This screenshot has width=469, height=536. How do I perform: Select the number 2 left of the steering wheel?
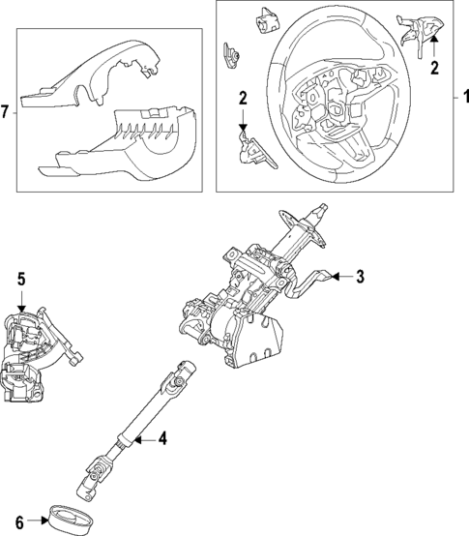click(243, 98)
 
